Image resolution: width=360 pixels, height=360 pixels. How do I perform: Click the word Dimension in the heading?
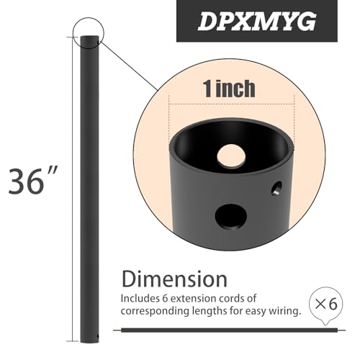pos(174,279)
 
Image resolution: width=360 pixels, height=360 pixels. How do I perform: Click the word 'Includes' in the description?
pos(142,297)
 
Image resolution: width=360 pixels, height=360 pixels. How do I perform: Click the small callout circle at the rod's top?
pos(89,32)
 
